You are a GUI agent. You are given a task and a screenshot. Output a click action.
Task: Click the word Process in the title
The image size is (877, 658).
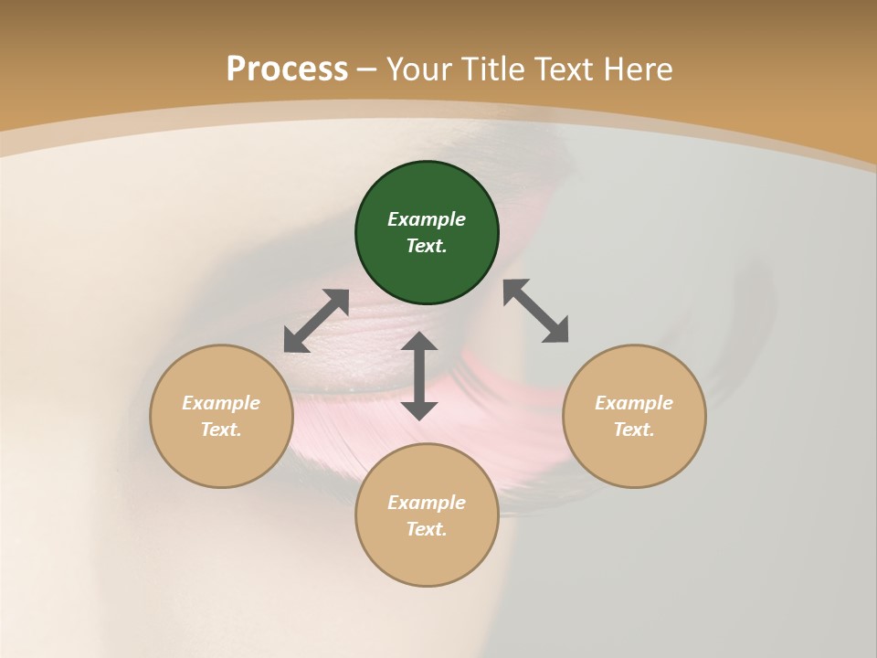click(287, 69)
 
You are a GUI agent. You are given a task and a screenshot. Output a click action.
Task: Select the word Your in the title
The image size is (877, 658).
click(421, 69)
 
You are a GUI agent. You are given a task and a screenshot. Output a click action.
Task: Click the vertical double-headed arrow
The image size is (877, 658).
click(419, 376)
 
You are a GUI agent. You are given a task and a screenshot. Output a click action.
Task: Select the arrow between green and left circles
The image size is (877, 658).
click(316, 321)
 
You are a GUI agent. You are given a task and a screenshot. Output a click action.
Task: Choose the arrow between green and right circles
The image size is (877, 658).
click(535, 311)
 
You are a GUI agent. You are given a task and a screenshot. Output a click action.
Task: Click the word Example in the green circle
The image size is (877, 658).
click(427, 219)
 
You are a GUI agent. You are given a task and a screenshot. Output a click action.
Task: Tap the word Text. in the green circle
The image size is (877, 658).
click(427, 246)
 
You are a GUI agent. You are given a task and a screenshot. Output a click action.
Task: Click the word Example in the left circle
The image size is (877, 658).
click(221, 403)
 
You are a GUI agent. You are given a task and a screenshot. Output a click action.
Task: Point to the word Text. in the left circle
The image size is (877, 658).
click(221, 430)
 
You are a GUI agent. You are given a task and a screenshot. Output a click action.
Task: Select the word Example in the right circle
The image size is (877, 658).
click(634, 403)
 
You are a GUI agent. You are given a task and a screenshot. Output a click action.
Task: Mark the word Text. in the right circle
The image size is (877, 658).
click(634, 430)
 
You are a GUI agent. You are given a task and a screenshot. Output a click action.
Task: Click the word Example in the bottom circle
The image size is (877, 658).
click(427, 503)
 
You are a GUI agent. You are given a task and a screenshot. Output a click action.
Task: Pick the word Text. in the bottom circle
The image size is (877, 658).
click(427, 529)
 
